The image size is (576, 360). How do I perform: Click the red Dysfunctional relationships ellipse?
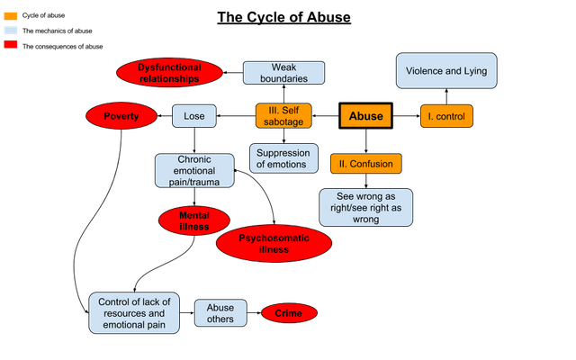pyautogui.click(x=169, y=73)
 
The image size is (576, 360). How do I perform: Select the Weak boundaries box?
pyautogui.click(x=283, y=73)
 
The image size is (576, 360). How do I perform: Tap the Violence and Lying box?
pyautogui.click(x=447, y=71)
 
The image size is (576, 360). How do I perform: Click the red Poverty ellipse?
pyautogui.click(x=121, y=116)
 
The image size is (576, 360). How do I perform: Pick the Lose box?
pyautogui.click(x=193, y=116)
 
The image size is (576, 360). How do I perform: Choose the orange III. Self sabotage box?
pyautogui.click(x=283, y=116)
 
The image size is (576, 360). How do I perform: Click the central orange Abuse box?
pyautogui.click(x=365, y=116)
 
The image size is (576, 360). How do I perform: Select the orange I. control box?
pyautogui.click(x=446, y=116)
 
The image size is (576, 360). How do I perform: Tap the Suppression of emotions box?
pyautogui.click(x=283, y=158)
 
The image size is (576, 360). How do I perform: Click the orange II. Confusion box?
pyautogui.click(x=365, y=164)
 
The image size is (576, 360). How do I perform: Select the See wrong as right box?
pyautogui.click(x=365, y=207)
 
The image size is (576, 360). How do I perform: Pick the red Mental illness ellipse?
pyautogui.click(x=194, y=221)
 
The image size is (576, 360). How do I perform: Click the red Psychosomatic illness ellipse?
pyautogui.click(x=274, y=244)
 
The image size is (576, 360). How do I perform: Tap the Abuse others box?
pyautogui.click(x=220, y=313)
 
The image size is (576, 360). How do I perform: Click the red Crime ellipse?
pyautogui.click(x=289, y=313)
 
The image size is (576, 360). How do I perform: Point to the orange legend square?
pyautogui.click(x=10, y=16)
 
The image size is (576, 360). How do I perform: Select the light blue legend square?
pyautogui.click(x=10, y=30)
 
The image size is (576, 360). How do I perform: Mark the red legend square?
pyautogui.click(x=10, y=43)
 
